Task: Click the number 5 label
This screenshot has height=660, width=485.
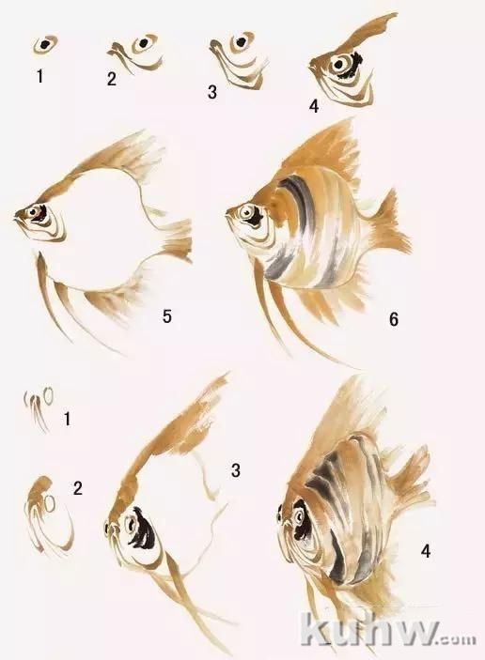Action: (167, 316)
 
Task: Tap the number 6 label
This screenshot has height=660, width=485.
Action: (393, 319)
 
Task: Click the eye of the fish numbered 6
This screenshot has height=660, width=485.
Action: (245, 213)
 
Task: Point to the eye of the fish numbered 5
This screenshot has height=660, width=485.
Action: (33, 213)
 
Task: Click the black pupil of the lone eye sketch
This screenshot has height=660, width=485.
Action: (44, 44)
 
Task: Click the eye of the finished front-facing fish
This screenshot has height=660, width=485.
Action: (300, 514)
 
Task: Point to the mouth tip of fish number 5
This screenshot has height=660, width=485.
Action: (16, 217)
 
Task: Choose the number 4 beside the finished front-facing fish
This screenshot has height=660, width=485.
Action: (426, 550)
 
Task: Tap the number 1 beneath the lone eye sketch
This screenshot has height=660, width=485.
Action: (39, 76)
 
